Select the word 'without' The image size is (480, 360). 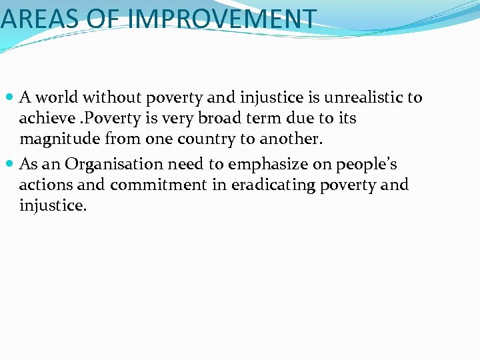pyautogui.click(x=109, y=98)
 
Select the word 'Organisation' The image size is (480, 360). pyautogui.click(x=114, y=164)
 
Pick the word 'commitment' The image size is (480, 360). pyautogui.click(x=158, y=185)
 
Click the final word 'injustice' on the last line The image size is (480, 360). pyautogui.click(x=51, y=205)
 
